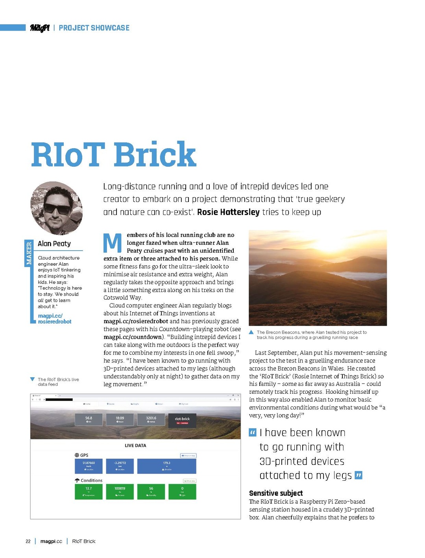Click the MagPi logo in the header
[40, 28]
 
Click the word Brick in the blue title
[155, 154]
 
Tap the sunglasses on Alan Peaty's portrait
[57, 209]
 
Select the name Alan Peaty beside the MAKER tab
[54, 244]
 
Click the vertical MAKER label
[28, 253]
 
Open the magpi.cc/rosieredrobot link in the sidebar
[55, 319]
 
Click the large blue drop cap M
[113, 243]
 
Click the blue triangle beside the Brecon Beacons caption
[251, 332]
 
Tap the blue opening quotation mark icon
[253, 433]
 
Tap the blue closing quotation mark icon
[358, 475]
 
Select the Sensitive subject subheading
[276, 493]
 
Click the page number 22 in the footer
[28, 541]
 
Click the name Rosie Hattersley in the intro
[228, 212]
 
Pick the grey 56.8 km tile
[89, 420]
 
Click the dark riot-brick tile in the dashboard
[182, 420]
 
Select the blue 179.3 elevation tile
[166, 466]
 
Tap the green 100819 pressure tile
[120, 491]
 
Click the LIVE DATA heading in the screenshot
[135, 446]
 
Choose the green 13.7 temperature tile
[89, 491]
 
